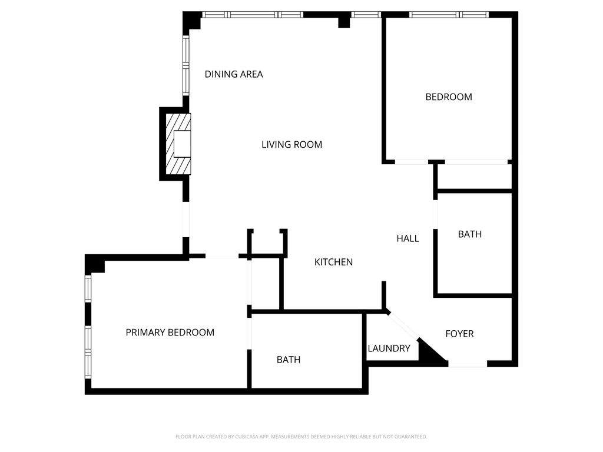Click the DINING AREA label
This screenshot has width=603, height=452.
click(234, 74)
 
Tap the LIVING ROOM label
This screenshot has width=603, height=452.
click(291, 144)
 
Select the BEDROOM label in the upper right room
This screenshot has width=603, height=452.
click(449, 97)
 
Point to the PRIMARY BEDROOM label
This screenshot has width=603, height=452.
click(170, 333)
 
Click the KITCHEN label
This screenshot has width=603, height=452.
click(333, 262)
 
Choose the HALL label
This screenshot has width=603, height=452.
click(407, 238)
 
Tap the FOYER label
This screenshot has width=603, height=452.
click(459, 334)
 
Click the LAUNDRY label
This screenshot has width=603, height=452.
click(389, 348)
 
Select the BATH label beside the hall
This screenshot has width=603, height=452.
click(470, 234)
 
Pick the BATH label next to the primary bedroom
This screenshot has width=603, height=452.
click(289, 360)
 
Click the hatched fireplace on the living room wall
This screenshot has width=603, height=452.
click(178, 144)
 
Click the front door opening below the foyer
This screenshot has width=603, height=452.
click(468, 365)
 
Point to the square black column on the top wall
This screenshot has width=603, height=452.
click(344, 22)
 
